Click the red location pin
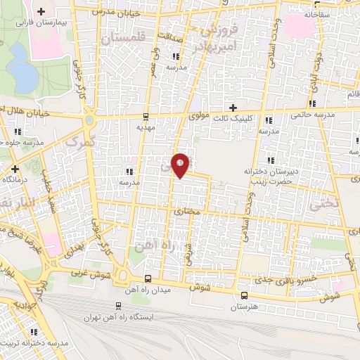coord(181,165)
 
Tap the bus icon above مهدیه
coord(146,117)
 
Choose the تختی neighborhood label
coord(324,204)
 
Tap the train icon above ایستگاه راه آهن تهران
coord(118,307)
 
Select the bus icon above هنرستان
coord(245,296)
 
